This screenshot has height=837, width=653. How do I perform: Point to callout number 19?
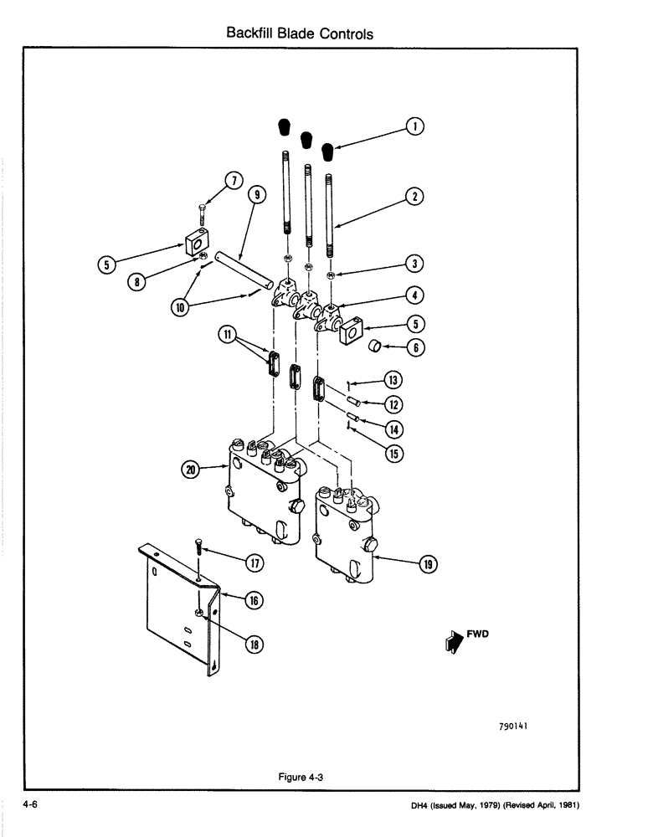tap(428, 565)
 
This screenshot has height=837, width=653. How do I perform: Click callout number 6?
tap(414, 347)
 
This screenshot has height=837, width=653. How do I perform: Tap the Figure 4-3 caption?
tap(301, 777)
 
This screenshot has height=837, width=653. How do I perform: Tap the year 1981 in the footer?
tap(568, 805)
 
